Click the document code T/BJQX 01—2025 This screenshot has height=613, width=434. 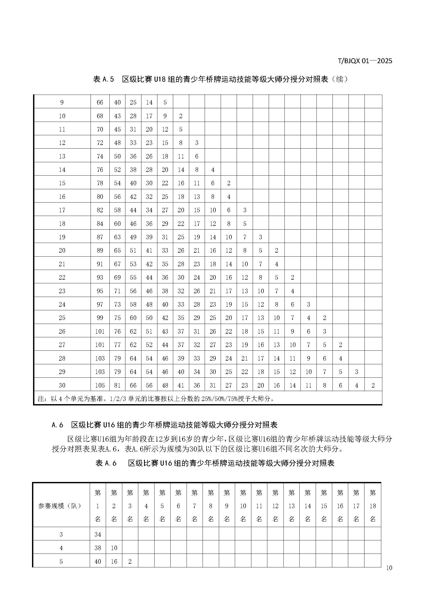click(365, 61)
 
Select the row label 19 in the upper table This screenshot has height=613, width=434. click(62, 237)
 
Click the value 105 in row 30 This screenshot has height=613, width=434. click(100, 385)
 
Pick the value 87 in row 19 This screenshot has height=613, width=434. click(100, 237)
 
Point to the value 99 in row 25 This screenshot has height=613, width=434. click(100, 318)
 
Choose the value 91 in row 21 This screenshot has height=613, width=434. click(100, 264)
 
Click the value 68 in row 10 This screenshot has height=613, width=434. click(100, 116)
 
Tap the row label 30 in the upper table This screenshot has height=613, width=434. click(62, 385)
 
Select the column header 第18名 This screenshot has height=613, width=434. click(373, 506)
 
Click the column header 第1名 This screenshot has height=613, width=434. click(98, 506)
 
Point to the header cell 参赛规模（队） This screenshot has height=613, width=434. click(60, 506)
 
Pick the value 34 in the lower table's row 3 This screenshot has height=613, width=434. click(98, 534)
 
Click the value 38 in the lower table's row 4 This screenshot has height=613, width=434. click(98, 548)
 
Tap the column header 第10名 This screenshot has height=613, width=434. click(243, 506)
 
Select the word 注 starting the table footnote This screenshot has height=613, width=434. click(40, 399)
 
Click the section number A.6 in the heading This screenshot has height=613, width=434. click(57, 425)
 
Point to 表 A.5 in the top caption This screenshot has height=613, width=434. click(104, 79)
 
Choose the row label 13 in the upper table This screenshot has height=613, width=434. click(62, 156)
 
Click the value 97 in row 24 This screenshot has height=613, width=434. click(100, 304)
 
